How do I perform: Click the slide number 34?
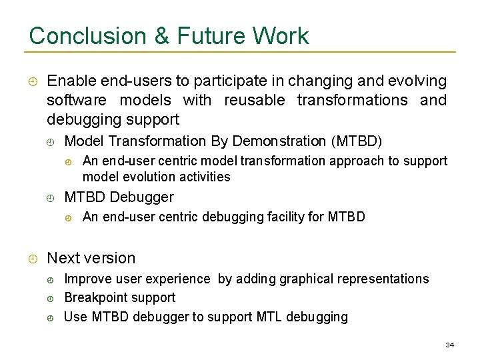point(449,345)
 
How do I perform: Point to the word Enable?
point(71,81)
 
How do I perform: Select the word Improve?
point(87,279)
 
